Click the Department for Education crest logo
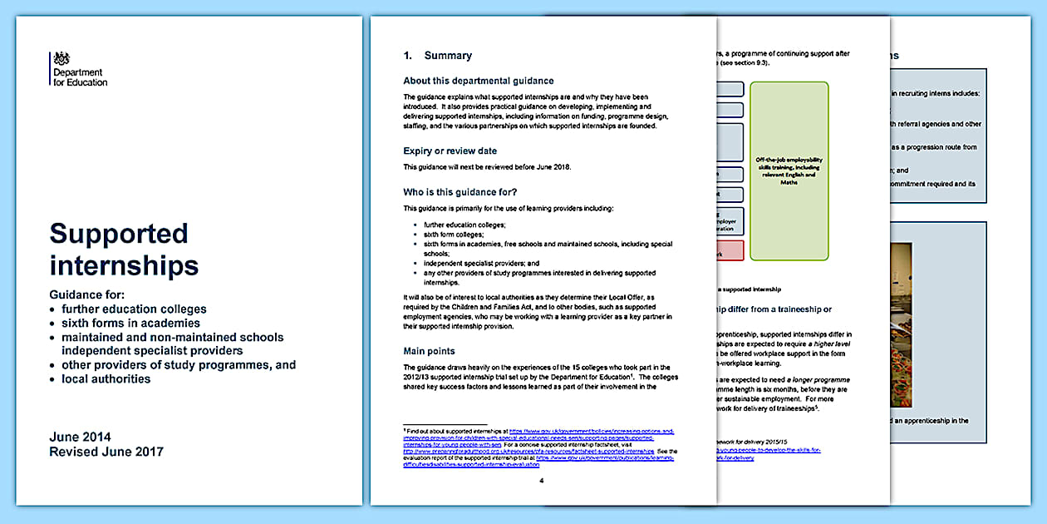click(61, 59)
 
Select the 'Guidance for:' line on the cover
click(87, 294)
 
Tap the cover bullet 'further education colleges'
click(134, 309)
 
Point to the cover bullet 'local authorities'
click(106, 378)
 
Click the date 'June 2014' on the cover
click(80, 437)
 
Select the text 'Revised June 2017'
click(106, 452)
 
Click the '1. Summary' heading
click(437, 56)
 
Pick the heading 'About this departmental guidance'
click(478, 81)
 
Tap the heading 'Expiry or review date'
click(450, 151)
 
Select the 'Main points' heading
click(429, 351)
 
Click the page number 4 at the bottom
click(541, 481)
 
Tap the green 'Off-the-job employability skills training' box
click(789, 171)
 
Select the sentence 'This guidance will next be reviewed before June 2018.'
click(487, 167)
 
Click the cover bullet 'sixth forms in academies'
click(130, 323)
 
